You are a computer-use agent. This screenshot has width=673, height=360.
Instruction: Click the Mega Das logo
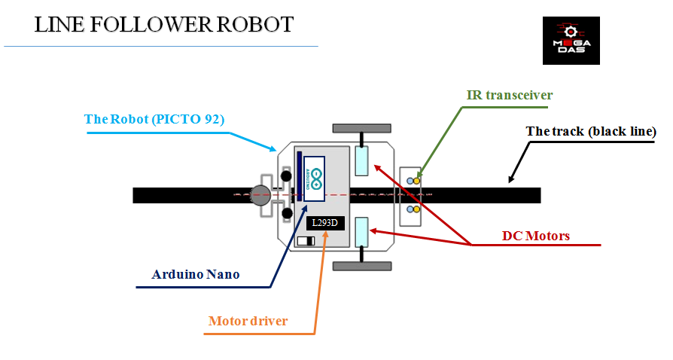571,41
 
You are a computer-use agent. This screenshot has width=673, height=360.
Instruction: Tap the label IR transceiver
509,95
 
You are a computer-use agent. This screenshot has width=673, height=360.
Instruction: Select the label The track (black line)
591,131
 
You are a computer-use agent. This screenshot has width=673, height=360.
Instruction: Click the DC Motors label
536,236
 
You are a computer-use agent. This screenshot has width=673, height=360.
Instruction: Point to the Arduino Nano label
196,274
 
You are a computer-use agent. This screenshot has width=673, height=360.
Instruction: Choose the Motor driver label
248,322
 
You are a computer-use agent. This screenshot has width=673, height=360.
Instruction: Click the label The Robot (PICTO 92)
154,119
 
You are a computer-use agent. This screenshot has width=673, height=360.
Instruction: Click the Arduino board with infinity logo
315,179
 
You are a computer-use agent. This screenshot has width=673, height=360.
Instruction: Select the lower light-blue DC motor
361,231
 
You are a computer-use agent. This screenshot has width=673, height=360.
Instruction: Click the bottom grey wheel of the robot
362,266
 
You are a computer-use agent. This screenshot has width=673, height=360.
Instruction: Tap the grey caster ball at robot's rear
260,194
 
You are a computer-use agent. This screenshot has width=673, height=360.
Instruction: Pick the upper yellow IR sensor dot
416,181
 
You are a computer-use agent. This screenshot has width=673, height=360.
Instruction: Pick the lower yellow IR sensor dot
416,209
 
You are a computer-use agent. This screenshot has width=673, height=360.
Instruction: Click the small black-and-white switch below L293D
306,241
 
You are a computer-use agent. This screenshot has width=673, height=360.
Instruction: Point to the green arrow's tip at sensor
419,176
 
